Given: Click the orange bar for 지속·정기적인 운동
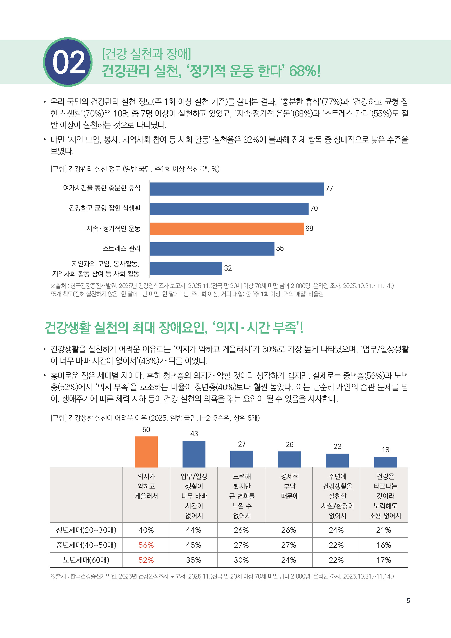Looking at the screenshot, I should point(227,229).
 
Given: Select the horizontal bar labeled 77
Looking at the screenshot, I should point(237,189).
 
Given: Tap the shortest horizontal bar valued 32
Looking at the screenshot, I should point(186,268).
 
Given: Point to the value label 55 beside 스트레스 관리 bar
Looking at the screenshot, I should point(280,248).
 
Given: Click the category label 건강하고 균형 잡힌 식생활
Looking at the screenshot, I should point(105,208).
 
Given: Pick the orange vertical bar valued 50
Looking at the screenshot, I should point(146,452).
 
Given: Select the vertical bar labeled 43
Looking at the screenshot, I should point(194,454).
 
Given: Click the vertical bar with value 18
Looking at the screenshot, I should point(386,462).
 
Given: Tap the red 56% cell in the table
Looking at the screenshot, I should point(146,545).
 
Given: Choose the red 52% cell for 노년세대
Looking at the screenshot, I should point(146,560).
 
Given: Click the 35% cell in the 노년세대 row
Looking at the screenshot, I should point(194,560).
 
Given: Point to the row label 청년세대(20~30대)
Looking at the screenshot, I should point(86,530).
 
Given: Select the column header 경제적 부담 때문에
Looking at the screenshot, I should point(289,486).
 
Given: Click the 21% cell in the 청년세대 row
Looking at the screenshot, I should point(384,530).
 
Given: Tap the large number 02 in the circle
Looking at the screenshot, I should point(68,62).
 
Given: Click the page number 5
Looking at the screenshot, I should point(408,601).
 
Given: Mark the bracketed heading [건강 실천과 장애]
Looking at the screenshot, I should point(147,54).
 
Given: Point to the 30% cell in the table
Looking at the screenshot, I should point(241,560).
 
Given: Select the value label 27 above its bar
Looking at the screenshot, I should point(242,444).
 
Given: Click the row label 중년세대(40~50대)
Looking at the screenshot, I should point(86,545).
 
